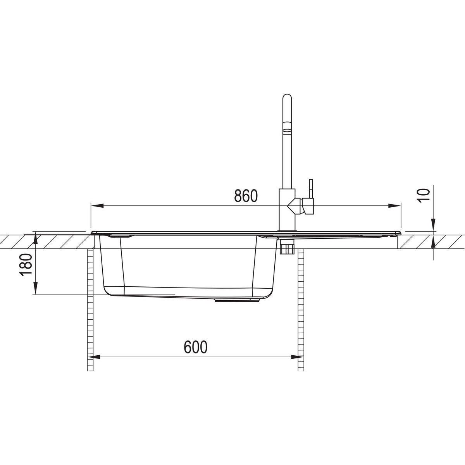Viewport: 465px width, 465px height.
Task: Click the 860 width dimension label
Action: coord(246,196)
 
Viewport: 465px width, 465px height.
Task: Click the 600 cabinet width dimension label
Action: coord(195,347)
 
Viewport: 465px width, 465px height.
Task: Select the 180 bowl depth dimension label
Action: coord(26,265)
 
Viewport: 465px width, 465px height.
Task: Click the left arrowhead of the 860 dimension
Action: coord(97,206)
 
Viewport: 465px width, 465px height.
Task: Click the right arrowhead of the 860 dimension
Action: coord(394,206)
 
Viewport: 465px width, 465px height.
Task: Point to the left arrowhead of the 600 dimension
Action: coord(94,357)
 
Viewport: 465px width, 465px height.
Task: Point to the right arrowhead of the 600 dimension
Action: coord(298,357)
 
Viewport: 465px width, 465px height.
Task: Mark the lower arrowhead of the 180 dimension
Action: coord(36,288)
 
